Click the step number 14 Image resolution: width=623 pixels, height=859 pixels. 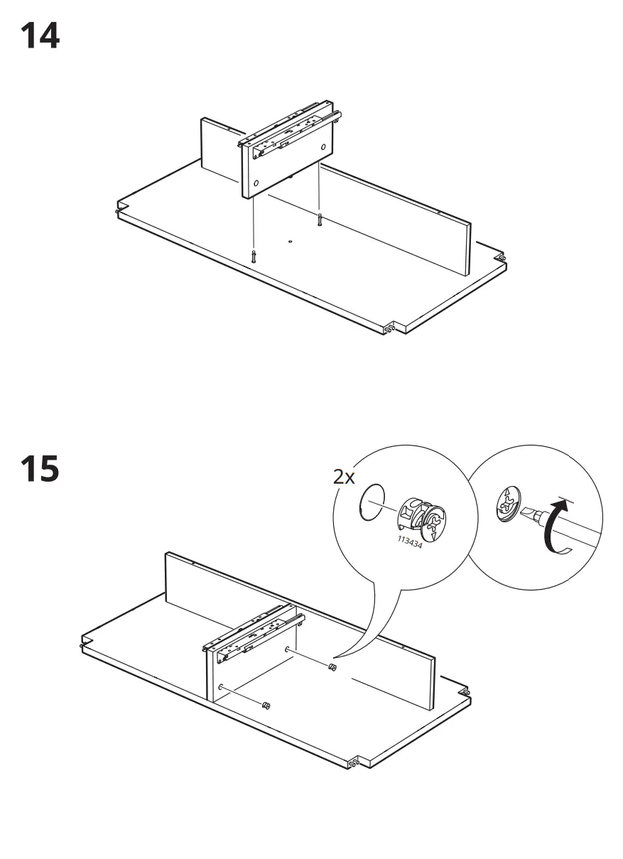[40, 36]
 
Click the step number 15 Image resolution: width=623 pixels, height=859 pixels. [40, 470]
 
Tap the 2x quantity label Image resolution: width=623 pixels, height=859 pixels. [345, 477]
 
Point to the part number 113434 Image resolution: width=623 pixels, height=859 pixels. [409, 544]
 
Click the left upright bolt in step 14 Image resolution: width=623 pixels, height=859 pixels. [253, 256]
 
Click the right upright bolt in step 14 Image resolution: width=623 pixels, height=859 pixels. [320, 220]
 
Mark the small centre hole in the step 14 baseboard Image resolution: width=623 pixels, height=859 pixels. [291, 242]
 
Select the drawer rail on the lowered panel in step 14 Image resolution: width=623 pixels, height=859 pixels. [291, 128]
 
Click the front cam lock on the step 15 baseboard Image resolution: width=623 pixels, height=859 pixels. [266, 705]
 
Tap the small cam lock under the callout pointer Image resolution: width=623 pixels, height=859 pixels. [332, 667]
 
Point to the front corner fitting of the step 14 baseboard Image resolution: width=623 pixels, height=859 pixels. [389, 329]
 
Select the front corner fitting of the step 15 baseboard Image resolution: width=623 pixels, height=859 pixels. [352, 763]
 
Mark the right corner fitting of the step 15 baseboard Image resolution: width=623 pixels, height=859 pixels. [465, 692]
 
